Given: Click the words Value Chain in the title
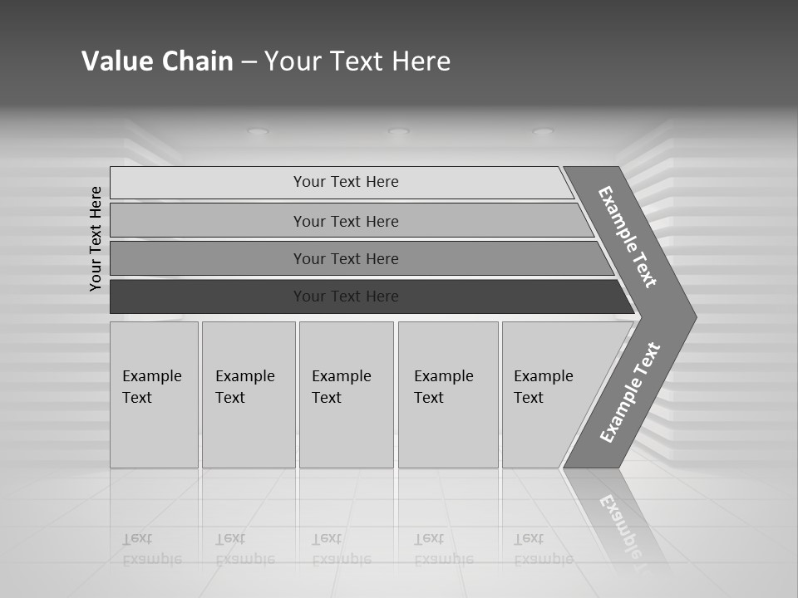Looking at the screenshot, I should (x=157, y=61).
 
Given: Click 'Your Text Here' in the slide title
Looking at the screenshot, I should (x=357, y=61).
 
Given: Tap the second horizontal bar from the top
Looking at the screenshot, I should (x=346, y=221).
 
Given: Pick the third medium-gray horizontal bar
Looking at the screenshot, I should (x=346, y=258).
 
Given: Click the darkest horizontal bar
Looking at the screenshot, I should (x=346, y=297).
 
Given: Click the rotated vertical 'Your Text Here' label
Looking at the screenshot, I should (x=96, y=238).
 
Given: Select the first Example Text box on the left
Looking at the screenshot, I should (x=154, y=395).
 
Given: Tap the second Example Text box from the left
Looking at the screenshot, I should (x=248, y=395).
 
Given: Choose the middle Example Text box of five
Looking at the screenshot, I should (x=346, y=395).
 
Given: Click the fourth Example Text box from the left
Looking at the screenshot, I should (x=447, y=395).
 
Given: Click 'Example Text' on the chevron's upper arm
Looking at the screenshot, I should (x=628, y=237).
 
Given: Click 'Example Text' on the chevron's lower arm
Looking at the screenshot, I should (x=630, y=392).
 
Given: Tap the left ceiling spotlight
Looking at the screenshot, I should (x=259, y=131).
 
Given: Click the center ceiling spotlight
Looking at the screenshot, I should (x=399, y=131).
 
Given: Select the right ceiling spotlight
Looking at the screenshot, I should (x=543, y=131).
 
